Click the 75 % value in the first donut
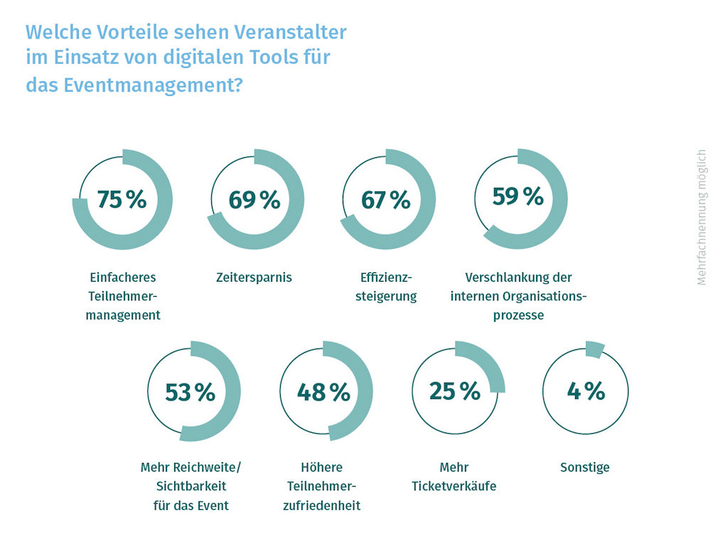coord(122,200)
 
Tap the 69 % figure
coord(255,200)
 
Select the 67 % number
coord(386,200)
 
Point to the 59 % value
coord(518,196)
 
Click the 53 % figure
coord(190,392)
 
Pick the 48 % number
coord(323,392)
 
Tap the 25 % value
coord(455,391)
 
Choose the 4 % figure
coord(586,391)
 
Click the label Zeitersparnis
coord(254,277)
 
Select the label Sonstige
coord(585,467)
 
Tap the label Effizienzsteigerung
coord(386,287)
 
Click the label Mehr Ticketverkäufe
coord(454,477)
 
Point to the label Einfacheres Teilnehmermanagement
coord(123,296)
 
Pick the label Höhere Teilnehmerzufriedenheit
coord(323,487)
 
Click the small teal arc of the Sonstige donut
coord(594,350)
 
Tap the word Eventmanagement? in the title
coord(153,85)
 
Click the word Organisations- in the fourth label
coord(544,296)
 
